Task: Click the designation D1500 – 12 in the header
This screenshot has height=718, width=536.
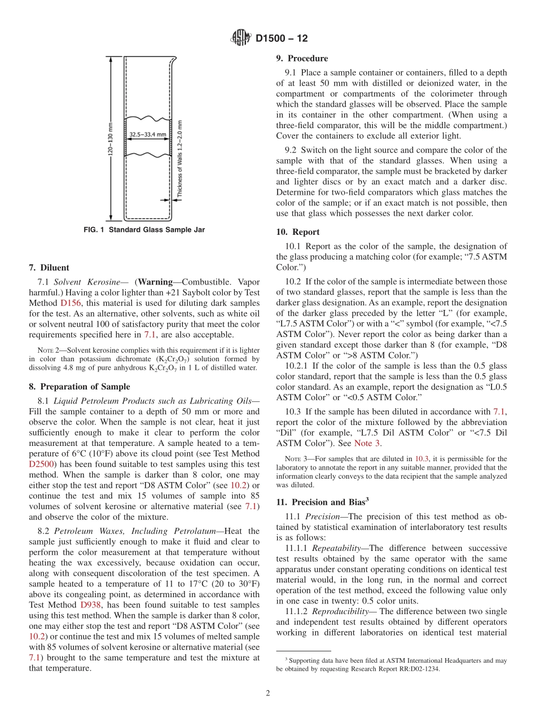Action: tap(282, 39)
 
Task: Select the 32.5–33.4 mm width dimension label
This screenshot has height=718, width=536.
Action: tap(147, 134)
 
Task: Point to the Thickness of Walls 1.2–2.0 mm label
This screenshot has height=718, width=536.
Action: tap(180, 159)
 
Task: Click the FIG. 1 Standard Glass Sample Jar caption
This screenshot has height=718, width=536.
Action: tap(144, 230)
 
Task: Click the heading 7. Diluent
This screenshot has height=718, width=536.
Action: tap(49, 268)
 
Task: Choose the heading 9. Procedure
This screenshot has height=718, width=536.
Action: tap(302, 58)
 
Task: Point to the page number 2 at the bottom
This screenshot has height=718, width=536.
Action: tap(268, 693)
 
